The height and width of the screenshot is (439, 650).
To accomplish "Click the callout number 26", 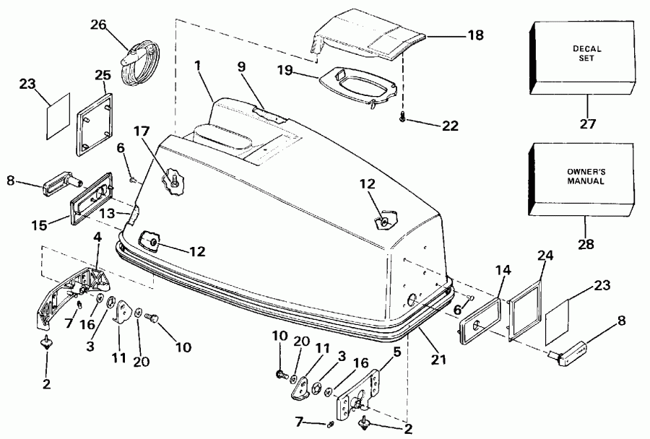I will point(99,25).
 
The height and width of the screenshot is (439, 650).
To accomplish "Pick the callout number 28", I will point(586,244).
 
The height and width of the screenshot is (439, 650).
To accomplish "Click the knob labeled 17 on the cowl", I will point(172,178).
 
